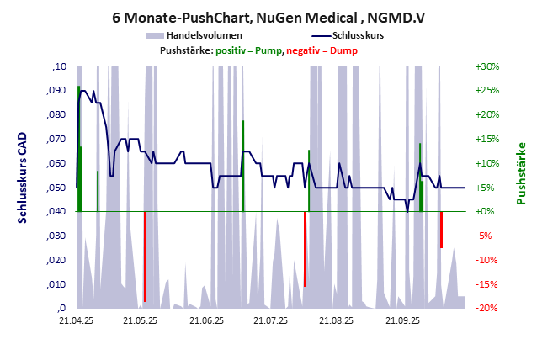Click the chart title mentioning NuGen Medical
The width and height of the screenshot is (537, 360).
[268, 16]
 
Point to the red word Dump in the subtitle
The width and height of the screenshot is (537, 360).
[343, 50]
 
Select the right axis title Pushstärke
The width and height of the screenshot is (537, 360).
[521, 173]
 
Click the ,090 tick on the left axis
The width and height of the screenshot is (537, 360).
[55, 91]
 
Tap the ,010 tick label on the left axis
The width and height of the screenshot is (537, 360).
[55, 284]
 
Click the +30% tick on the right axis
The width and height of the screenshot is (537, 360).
[487, 66]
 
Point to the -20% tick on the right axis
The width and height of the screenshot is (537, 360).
[487, 309]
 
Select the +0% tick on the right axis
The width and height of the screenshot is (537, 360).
[487, 212]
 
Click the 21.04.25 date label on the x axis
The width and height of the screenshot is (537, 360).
[76, 320]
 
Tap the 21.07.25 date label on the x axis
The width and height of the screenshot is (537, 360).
[272, 320]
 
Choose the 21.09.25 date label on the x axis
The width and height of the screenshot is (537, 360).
[402, 320]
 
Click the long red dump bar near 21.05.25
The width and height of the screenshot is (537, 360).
[144, 257]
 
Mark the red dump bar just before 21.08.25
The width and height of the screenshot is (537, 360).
[305, 249]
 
